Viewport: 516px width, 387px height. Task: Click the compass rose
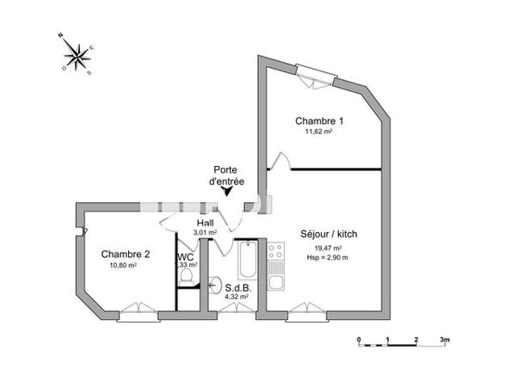77,55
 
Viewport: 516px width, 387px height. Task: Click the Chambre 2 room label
126,255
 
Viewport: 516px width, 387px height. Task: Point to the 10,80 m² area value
124,266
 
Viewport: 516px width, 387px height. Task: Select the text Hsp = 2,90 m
328,258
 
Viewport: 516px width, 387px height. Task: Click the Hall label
205,222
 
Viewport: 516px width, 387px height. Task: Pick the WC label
186,256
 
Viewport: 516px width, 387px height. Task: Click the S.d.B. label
236,288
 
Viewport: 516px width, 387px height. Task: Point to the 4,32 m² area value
236,297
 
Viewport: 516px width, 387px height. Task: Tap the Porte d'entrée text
227,176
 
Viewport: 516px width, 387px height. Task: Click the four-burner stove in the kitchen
276,251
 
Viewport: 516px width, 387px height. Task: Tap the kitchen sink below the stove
276,281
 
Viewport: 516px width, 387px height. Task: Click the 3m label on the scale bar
445,341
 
